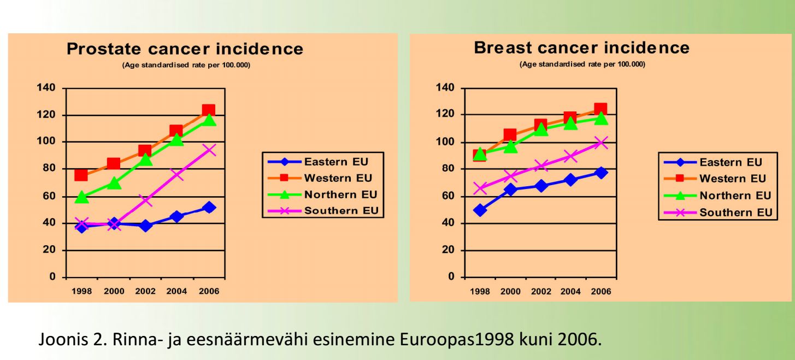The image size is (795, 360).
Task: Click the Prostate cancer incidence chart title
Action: [x=185, y=49]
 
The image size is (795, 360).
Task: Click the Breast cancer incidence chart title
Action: [x=581, y=48]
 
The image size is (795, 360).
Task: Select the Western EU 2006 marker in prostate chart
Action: [x=208, y=110]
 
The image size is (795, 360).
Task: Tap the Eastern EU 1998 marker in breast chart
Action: [x=480, y=210]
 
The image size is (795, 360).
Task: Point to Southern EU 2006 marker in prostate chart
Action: [x=209, y=150]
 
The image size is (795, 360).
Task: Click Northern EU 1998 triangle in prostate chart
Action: [x=81, y=197]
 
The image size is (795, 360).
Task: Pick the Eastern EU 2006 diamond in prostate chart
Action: [x=209, y=208]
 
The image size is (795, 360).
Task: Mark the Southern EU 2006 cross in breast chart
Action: [x=601, y=143]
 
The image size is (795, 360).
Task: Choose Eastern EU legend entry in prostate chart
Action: [x=336, y=162]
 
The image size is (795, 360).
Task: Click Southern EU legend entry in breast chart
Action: [x=736, y=213]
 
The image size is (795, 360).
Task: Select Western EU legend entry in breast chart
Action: [x=733, y=179]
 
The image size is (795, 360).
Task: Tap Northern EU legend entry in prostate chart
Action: [x=340, y=194]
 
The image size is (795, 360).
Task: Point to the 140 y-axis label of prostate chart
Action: [x=47, y=88]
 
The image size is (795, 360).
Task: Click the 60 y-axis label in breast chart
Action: [x=446, y=196]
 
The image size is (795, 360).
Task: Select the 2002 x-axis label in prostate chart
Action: [x=145, y=291]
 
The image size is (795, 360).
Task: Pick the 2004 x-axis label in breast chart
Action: [x=570, y=291]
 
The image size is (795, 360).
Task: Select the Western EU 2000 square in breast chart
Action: [x=510, y=135]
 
